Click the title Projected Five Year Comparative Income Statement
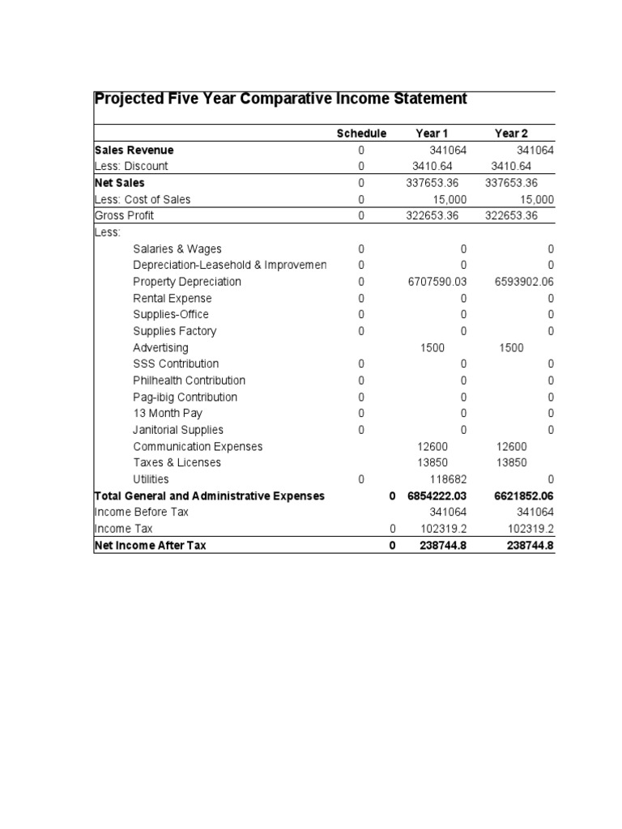tap(280, 99)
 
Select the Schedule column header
tap(361, 134)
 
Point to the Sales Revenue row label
tap(134, 151)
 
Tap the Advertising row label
tap(160, 348)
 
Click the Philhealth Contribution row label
tap(189, 380)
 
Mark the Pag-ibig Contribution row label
tap(185, 397)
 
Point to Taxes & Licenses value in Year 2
tap(510, 463)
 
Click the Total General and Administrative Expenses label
tap(209, 495)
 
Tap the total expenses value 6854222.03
tap(438, 495)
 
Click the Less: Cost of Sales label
tap(143, 199)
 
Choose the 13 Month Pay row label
tap(168, 414)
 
